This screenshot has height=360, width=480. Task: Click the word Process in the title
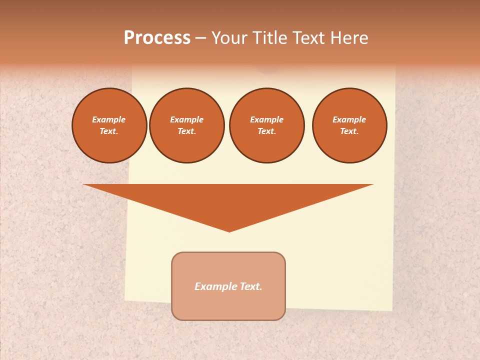coord(157,38)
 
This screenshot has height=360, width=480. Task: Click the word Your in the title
coord(229,38)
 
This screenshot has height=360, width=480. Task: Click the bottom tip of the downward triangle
coord(229,230)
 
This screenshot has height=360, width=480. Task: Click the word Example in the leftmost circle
coord(109,120)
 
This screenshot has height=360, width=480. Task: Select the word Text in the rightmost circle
coord(349,131)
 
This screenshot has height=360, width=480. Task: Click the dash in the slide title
coord(201,38)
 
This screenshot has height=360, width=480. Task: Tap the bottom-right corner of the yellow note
coord(392,309)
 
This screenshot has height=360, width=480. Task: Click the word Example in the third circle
coord(267,120)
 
